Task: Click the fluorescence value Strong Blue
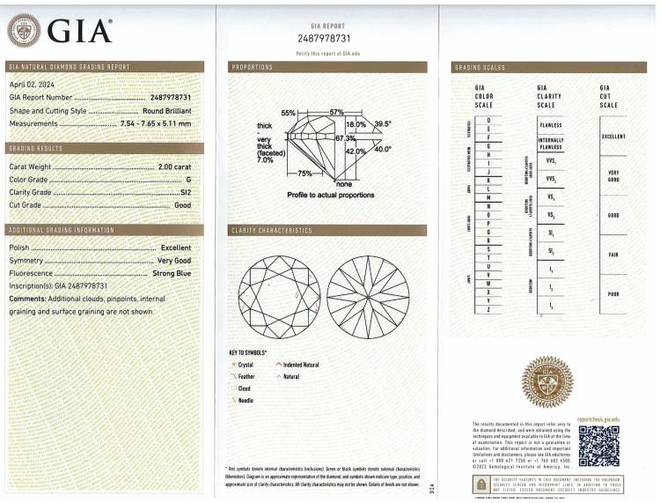172,273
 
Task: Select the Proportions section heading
252,67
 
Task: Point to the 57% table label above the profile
336,113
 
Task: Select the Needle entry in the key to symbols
246,399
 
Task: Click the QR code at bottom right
599,447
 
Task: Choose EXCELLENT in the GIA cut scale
612,137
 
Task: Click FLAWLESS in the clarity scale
551,125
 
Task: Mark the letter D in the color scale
488,119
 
